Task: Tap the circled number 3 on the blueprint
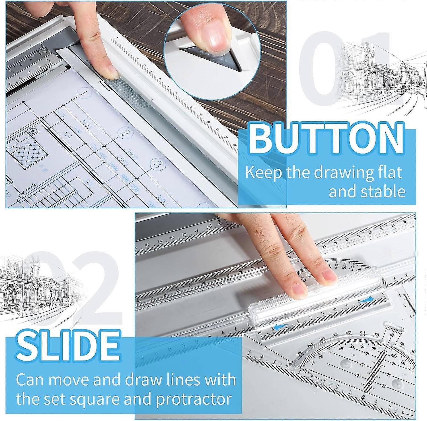[x=158, y=165]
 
